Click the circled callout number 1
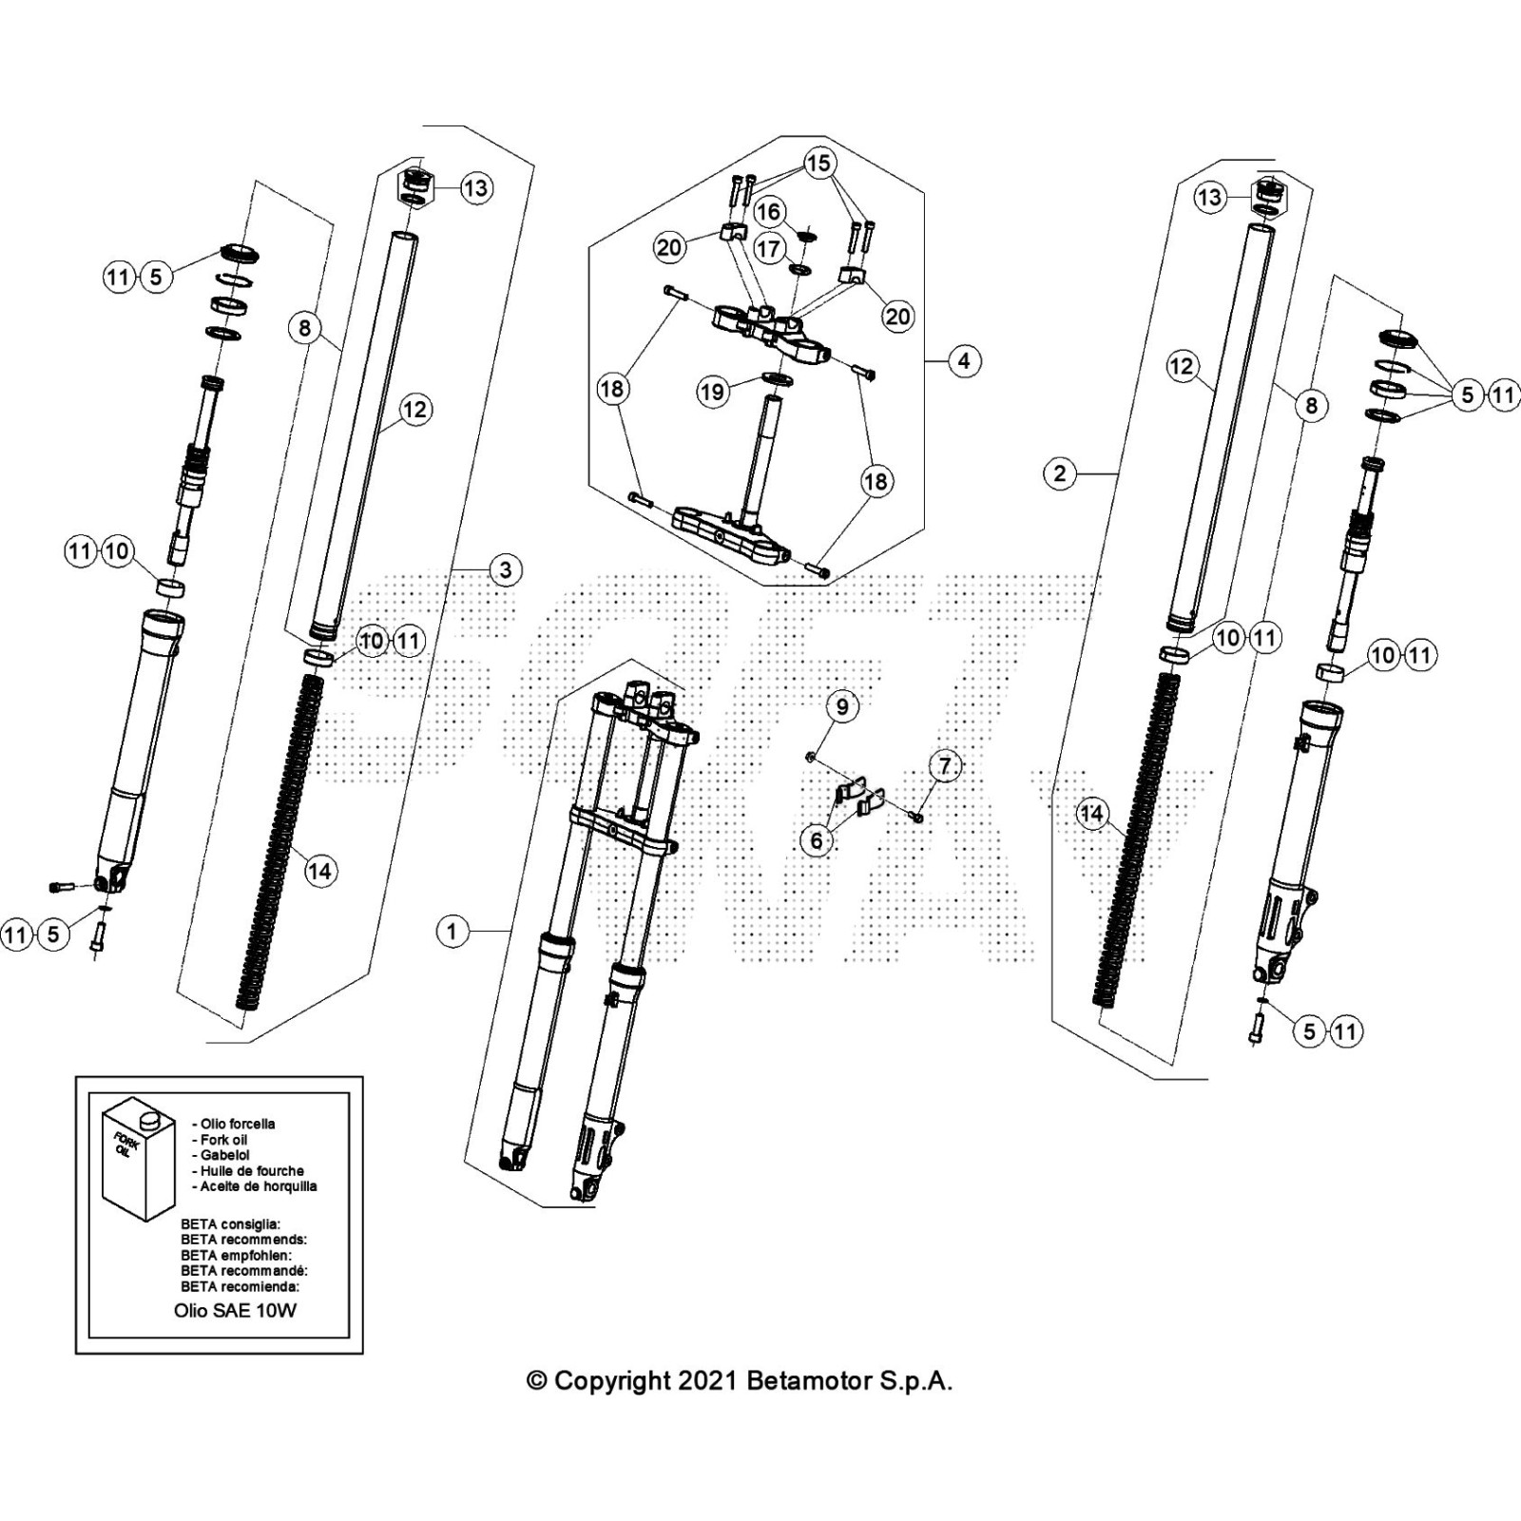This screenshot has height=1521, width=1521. click(452, 931)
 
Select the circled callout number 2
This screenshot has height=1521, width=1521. click(1060, 472)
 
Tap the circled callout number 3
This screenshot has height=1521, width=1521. click(505, 569)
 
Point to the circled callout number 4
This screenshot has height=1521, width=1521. click(964, 360)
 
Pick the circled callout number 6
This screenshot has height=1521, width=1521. click(816, 840)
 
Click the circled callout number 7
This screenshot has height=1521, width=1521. click(944, 765)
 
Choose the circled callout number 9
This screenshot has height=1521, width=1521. click(841, 706)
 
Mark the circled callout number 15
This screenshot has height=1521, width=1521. click(818, 164)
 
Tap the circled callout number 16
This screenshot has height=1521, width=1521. click(768, 211)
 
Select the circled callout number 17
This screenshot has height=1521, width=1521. click(768, 249)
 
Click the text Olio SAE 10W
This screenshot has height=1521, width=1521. click(235, 1310)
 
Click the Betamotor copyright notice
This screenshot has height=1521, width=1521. click(740, 1380)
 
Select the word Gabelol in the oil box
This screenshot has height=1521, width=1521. click(225, 1155)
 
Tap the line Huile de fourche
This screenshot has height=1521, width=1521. click(252, 1171)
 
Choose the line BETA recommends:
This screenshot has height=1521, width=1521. click(243, 1240)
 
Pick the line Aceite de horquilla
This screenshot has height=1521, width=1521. click(259, 1186)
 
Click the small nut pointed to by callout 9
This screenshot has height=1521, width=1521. click(810, 757)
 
